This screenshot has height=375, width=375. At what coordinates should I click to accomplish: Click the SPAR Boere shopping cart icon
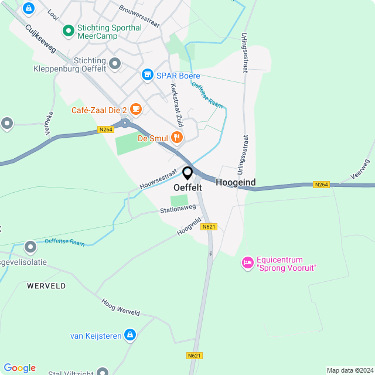(147, 76)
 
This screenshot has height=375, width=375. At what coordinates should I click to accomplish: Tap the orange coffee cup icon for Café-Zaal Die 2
(136, 109)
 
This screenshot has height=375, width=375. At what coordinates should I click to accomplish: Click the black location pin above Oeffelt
(187, 173)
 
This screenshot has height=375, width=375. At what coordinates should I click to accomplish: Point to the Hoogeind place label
(236, 183)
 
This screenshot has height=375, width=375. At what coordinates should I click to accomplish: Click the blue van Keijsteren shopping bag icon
(130, 335)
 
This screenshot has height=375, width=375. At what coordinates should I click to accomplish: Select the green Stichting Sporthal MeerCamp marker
(68, 28)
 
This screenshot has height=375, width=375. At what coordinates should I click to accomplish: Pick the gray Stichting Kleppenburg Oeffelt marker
(115, 63)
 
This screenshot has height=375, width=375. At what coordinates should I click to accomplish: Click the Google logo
(19, 368)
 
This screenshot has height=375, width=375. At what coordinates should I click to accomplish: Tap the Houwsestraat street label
(158, 180)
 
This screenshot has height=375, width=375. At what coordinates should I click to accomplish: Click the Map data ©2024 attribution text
(350, 370)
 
